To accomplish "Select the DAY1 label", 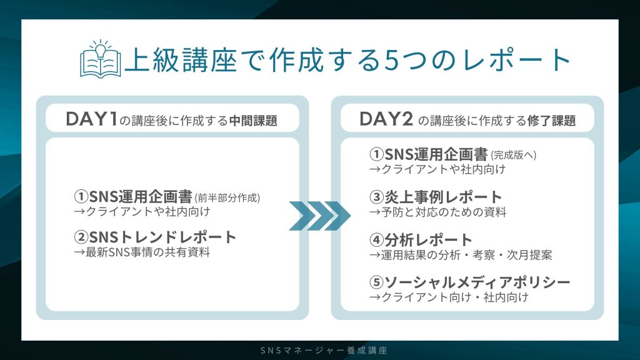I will click(x=91, y=120).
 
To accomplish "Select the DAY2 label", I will click(x=385, y=120).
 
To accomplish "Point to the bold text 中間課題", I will click(x=253, y=121).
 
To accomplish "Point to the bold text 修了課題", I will click(x=552, y=121).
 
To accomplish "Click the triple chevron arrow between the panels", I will click(x=319, y=216).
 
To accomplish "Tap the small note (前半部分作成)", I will click(x=227, y=198).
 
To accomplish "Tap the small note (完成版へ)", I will click(x=514, y=154).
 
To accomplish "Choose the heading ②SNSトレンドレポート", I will click(x=155, y=237).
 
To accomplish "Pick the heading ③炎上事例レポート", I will click(x=436, y=197).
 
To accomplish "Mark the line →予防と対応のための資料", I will click(x=437, y=212).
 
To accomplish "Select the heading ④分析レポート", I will click(x=421, y=240).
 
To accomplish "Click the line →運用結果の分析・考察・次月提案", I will click(x=460, y=255).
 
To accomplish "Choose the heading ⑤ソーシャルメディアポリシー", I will click(x=469, y=282).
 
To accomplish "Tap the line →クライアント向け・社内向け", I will click(x=449, y=297).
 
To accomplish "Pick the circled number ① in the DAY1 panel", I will click(x=80, y=197).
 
